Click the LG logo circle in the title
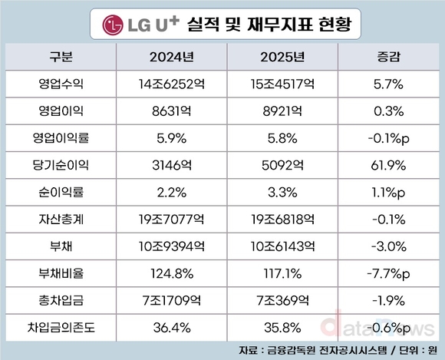(116, 24)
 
